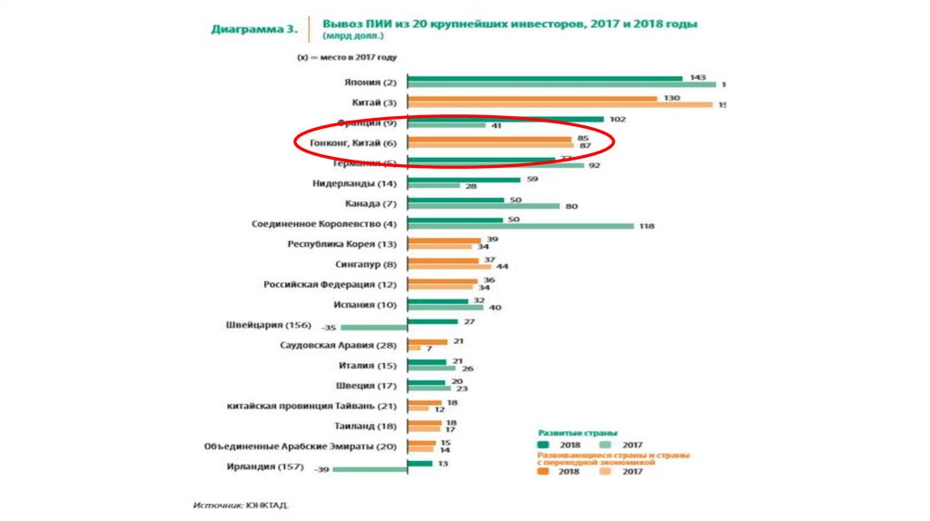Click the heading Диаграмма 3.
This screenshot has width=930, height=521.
coord(253,27)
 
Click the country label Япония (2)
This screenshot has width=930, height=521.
coord(372,83)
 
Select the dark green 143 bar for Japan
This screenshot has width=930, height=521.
coord(545,79)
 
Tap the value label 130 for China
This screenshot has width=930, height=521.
coord(672,97)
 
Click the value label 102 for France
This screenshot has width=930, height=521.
coord(618,118)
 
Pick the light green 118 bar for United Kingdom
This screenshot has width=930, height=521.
coord(520,227)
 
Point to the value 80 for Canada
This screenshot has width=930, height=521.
coord(571,206)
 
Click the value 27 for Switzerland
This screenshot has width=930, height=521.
coord(470,321)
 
